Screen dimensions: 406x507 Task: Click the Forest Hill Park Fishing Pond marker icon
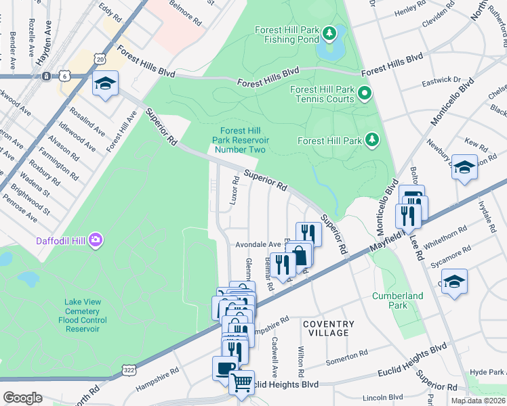coord(330,32)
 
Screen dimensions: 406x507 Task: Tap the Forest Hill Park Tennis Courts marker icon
coord(365,93)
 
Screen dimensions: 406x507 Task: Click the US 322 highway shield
coord(128,369)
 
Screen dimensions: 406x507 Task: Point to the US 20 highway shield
coord(100,60)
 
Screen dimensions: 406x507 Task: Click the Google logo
coord(22,397)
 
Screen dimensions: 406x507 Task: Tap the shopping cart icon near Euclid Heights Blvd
coord(241,382)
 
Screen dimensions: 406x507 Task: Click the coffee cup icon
coord(225,368)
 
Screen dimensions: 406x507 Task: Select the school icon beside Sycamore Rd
coord(454,280)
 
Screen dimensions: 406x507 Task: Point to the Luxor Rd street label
coord(235,191)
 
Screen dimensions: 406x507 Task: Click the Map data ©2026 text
coord(479,401)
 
